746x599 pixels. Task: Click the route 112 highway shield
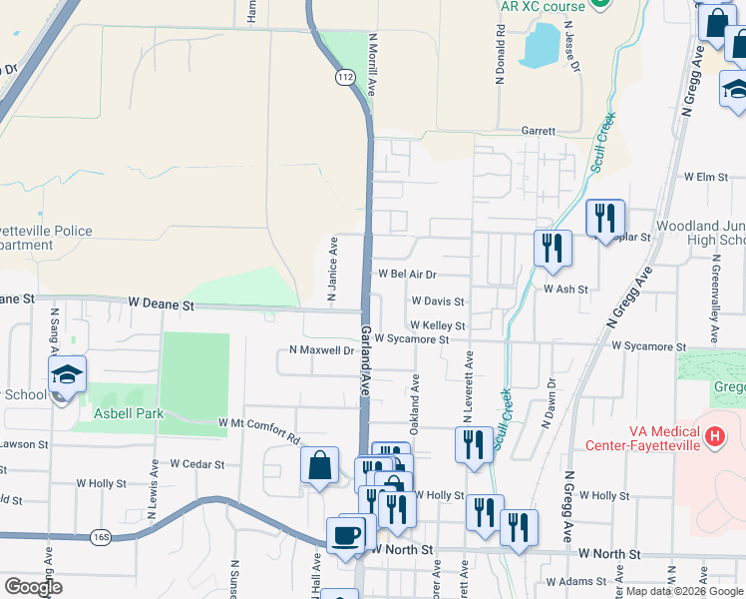(x=345, y=77)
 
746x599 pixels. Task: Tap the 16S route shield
(x=101, y=537)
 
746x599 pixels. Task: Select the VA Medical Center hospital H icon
(x=714, y=436)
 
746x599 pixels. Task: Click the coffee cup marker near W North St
(x=346, y=534)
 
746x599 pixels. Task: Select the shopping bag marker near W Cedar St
(x=318, y=465)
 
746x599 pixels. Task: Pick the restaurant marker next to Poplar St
(x=605, y=217)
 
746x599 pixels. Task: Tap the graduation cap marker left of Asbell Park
(x=67, y=374)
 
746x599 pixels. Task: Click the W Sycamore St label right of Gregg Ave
(x=649, y=346)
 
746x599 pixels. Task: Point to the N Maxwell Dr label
(x=321, y=350)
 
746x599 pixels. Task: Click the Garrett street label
(x=538, y=131)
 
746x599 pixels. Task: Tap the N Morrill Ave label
(x=372, y=65)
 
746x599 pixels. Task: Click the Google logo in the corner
(x=33, y=587)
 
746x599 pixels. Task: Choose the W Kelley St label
(x=437, y=325)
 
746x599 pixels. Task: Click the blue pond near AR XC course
(x=540, y=44)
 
